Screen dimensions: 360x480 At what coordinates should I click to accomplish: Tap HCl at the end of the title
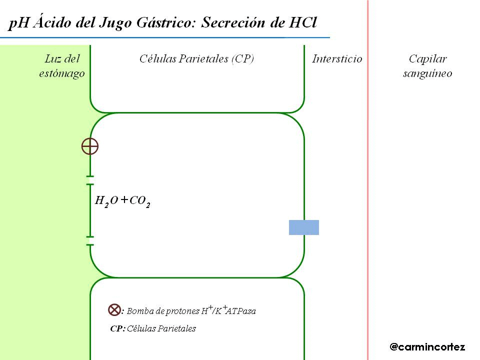pos(303,23)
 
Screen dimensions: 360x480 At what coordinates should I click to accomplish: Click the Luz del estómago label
pos(62,66)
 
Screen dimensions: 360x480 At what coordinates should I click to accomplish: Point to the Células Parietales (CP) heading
pos(196,59)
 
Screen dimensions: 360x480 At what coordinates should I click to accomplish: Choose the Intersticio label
pos(337,59)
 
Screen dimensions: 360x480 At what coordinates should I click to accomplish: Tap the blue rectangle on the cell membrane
pos(304,227)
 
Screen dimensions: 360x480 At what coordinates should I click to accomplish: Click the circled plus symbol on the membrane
pos(90,146)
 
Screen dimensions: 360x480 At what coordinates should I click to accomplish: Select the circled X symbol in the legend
pos(114,310)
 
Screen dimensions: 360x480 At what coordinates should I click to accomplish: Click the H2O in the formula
pos(106,201)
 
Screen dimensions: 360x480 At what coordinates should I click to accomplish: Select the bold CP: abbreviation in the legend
pos(117,328)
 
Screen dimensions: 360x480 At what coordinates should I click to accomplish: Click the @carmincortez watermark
pos(427,346)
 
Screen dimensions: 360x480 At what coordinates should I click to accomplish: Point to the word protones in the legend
pos(184,311)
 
